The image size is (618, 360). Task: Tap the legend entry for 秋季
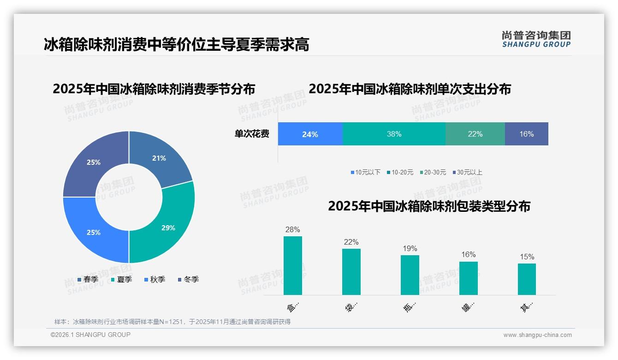click(155, 280)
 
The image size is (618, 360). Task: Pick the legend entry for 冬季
click(188, 280)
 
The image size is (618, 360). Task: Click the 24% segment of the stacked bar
click(310, 134)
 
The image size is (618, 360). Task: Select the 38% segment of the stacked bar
click(394, 134)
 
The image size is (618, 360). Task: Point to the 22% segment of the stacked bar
click(475, 134)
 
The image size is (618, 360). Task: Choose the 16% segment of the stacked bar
click(526, 134)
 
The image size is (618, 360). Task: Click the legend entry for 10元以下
click(366, 173)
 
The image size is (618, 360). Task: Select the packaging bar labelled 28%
click(292, 265)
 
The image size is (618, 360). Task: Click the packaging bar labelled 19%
click(410, 275)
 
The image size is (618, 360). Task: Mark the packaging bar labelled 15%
click(527, 279)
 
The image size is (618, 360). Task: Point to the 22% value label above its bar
click(351, 242)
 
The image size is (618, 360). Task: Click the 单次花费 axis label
click(252, 134)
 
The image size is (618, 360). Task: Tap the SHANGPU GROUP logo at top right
click(536, 39)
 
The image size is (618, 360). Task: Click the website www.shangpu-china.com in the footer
click(537, 335)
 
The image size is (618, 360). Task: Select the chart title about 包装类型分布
click(429, 206)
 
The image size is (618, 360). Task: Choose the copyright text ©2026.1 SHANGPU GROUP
click(90, 335)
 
